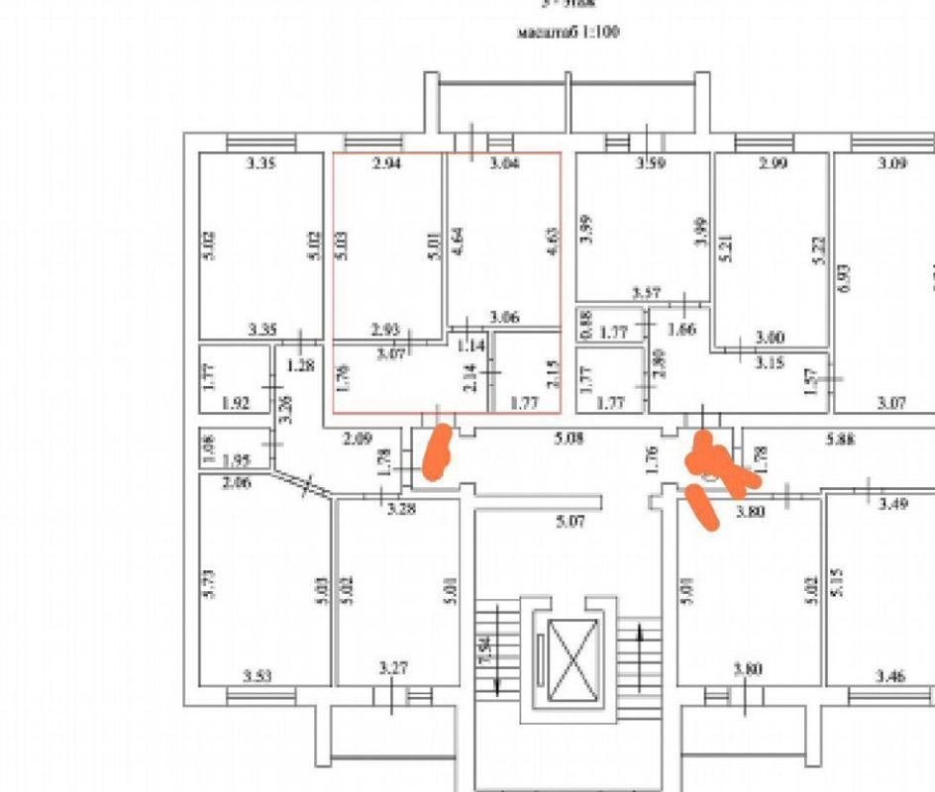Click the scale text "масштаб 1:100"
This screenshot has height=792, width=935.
pyautogui.click(x=568, y=32)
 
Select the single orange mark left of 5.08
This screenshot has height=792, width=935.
pyautogui.click(x=436, y=450)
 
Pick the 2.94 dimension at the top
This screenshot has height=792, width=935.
pyautogui.click(x=387, y=163)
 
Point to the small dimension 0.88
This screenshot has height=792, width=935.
pyautogui.click(x=585, y=323)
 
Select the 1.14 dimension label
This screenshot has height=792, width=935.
pyautogui.click(x=470, y=346)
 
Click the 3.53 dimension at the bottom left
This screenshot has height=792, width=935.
pyautogui.click(x=258, y=676)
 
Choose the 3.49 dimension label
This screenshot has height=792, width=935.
pyautogui.click(x=891, y=504)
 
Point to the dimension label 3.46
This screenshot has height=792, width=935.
pyautogui.click(x=890, y=676)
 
